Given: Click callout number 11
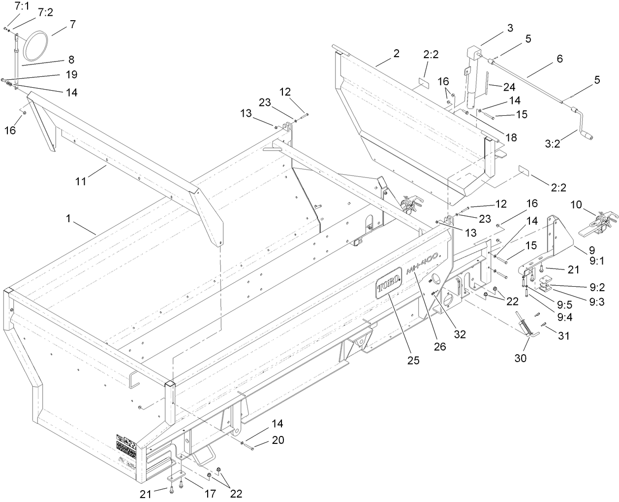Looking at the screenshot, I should pyautogui.click(x=81, y=181).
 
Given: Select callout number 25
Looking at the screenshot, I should pyautogui.click(x=413, y=360).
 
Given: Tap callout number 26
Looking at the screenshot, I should pyautogui.click(x=439, y=346).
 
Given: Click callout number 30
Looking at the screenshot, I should pyautogui.click(x=521, y=358).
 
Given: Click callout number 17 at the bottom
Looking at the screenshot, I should pyautogui.click(x=210, y=493).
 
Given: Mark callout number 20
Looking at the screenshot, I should pyautogui.click(x=278, y=440).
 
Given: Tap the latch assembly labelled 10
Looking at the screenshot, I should pyautogui.click(x=600, y=222).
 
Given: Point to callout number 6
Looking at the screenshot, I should pyautogui.click(x=559, y=58).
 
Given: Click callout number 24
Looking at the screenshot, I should pyautogui.click(x=508, y=87).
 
